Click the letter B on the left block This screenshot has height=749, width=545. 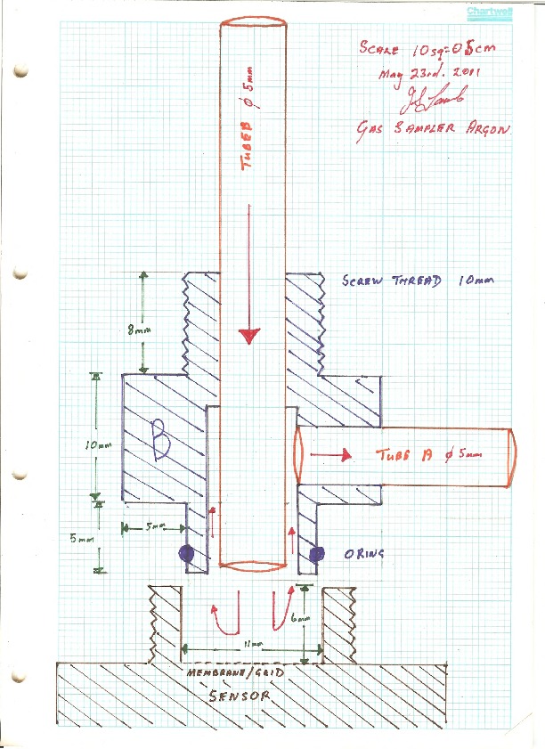[x=160, y=442]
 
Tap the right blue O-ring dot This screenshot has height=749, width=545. [x=316, y=555]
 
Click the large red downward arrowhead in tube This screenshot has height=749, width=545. [x=249, y=336]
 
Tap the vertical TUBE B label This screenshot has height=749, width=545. [x=252, y=131]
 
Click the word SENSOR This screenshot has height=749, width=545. [x=240, y=697]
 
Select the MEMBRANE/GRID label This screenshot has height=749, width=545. [x=234, y=674]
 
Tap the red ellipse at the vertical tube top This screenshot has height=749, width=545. [x=253, y=20]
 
